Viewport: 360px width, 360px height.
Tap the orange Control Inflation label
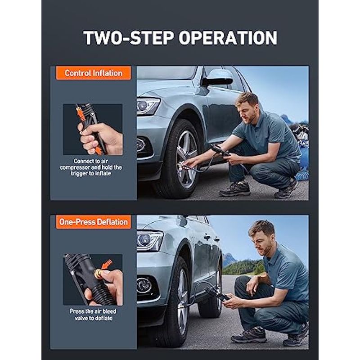pos(94,73)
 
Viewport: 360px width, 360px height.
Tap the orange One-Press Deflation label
pos(94,222)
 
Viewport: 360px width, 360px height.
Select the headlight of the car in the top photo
pos(148,106)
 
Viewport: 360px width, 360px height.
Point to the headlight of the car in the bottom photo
pos(149,241)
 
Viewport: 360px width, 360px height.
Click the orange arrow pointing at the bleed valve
pos(107,264)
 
